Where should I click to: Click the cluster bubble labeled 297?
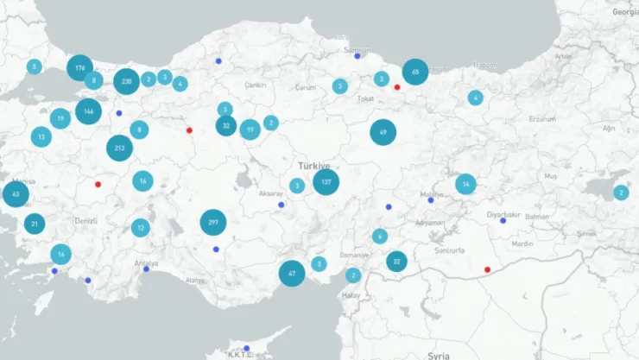[x=213, y=223]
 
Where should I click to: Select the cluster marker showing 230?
[x=126, y=81]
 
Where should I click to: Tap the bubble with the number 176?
[x=79, y=67]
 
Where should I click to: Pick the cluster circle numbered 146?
[x=88, y=111]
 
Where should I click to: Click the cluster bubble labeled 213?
[x=120, y=148]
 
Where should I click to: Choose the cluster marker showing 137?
[x=326, y=182]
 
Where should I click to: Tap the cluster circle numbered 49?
[x=383, y=132]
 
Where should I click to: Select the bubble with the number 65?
[x=415, y=72]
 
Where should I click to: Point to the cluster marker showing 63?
[x=16, y=194]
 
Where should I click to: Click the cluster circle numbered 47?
[x=292, y=273]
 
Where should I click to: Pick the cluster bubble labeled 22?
[x=396, y=261]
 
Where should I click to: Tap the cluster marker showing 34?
[x=465, y=184]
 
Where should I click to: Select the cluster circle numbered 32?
[x=226, y=125]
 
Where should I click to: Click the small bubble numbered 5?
[x=34, y=66]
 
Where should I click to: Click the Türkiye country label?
[x=314, y=165]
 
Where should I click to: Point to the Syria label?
[x=439, y=355]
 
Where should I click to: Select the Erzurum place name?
[x=543, y=117]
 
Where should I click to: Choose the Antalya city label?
[x=147, y=262]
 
